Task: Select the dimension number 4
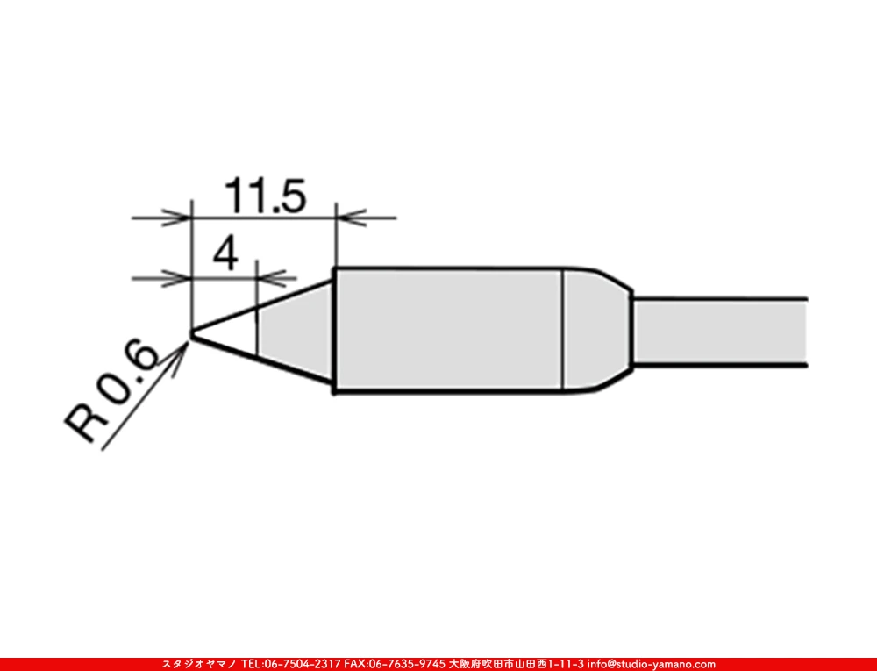(x=225, y=256)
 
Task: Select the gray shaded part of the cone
(x=294, y=332)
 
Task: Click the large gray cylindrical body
(x=447, y=331)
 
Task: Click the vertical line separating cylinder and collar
(x=563, y=331)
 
